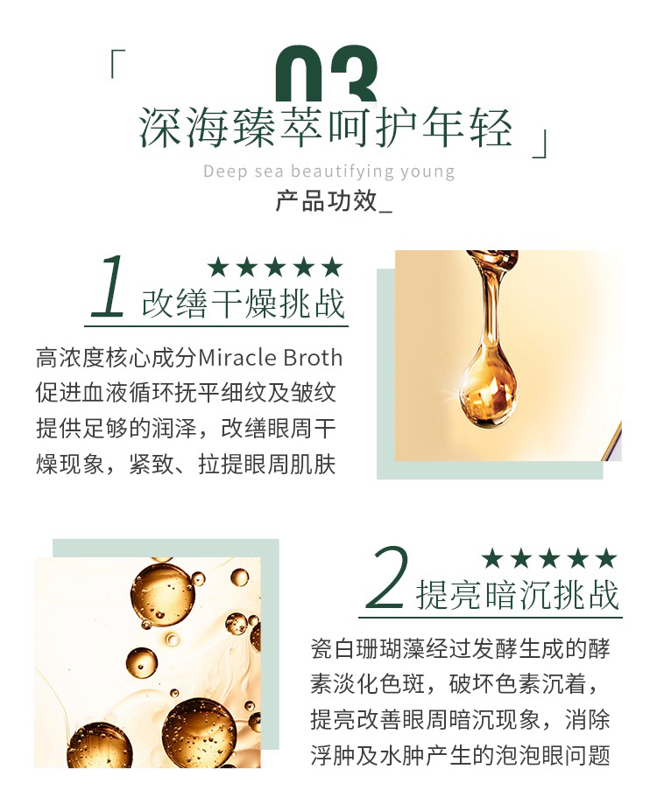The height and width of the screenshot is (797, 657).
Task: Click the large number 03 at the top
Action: click(326, 73)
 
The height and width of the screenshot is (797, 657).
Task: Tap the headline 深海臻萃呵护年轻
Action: click(325, 128)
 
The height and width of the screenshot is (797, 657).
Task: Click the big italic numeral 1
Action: click(109, 286)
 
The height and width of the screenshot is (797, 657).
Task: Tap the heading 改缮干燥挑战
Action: click(244, 304)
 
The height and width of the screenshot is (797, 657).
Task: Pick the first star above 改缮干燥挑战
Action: click(218, 267)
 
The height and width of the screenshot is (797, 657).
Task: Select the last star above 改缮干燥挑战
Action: click(332, 267)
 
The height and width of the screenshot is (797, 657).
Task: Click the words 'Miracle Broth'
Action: click(270, 358)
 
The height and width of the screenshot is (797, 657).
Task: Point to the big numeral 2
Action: click(388, 578)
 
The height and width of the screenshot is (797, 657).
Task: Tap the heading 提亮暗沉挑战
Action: click(518, 595)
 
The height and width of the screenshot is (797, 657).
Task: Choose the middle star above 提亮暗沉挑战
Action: click(549, 559)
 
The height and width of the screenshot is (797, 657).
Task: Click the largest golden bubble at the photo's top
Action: click(162, 594)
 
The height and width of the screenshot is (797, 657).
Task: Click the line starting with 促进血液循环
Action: click(187, 394)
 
